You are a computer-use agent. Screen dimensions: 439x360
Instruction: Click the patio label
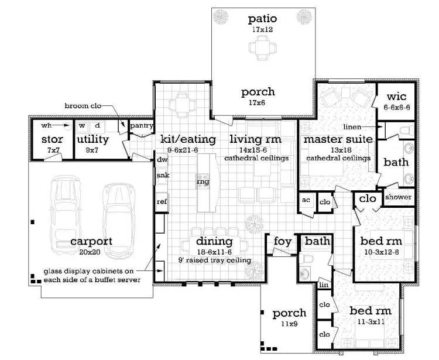coord(262,19)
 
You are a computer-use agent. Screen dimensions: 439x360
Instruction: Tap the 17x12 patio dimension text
coord(262,29)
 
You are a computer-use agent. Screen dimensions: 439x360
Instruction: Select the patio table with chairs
coord(262,47)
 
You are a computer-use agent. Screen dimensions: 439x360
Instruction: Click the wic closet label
coord(396,97)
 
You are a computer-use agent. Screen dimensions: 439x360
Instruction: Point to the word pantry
coord(142,126)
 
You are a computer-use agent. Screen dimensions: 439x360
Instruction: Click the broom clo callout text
coord(83,106)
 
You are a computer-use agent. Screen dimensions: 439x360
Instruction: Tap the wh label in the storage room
coord(46,125)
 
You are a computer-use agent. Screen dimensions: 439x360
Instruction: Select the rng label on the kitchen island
coord(203,181)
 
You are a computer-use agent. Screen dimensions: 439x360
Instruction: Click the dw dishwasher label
coord(162,160)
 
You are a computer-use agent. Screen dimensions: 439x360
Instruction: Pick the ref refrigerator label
coord(162,201)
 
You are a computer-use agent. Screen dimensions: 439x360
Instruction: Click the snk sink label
coord(163,176)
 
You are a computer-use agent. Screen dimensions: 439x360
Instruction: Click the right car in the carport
coord(119,221)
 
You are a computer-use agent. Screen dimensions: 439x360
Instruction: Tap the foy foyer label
coord(283,241)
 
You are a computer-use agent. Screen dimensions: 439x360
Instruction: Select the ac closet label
coord(306,200)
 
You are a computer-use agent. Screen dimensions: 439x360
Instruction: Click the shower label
coord(399,197)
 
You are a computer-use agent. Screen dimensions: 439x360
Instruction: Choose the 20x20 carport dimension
coord(90,252)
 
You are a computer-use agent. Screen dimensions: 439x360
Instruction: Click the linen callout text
coord(352,127)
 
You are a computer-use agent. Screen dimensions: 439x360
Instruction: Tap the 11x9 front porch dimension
coord(289,324)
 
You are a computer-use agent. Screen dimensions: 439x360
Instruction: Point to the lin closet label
coord(324,285)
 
